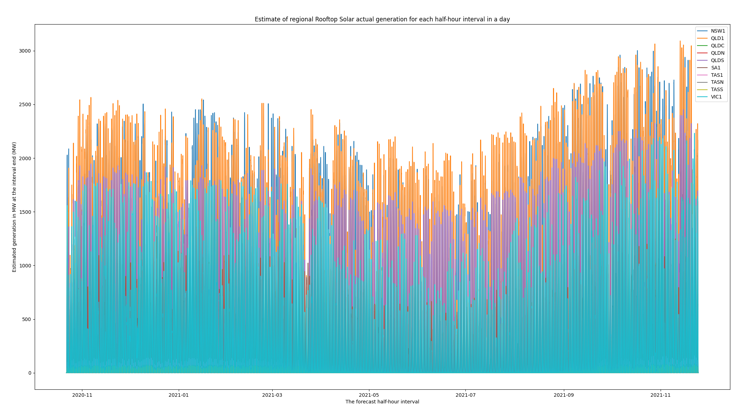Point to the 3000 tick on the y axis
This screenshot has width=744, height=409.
click(x=25, y=51)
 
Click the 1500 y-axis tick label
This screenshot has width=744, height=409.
click(x=25, y=212)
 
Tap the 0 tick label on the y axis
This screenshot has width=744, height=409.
click(x=30, y=373)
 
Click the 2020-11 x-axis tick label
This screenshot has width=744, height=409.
click(x=82, y=395)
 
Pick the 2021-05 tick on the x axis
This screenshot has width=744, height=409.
click(x=369, y=395)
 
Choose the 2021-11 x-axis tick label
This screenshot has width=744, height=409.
click(x=660, y=395)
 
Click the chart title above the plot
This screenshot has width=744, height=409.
click(x=382, y=19)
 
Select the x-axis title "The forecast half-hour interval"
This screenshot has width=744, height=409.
click(x=382, y=402)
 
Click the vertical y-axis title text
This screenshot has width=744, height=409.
click(x=14, y=207)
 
